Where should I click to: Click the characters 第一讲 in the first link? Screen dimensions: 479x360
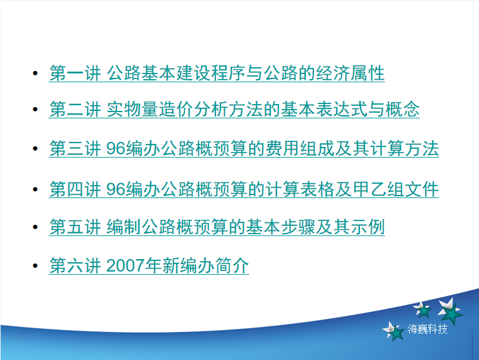pyautogui.click(x=75, y=73)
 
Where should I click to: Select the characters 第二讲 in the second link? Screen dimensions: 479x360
pyautogui.click(x=75, y=110)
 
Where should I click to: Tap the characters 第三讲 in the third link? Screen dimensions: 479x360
pyautogui.click(x=75, y=148)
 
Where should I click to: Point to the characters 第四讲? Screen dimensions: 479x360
pyautogui.click(x=75, y=189)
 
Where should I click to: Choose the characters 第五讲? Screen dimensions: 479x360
pyautogui.click(x=75, y=227)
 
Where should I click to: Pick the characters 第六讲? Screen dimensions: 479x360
pyautogui.click(x=75, y=265)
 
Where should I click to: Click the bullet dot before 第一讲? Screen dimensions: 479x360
pyautogui.click(x=35, y=73)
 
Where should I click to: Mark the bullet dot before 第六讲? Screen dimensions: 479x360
pyautogui.click(x=35, y=266)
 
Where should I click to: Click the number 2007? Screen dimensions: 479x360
pyautogui.click(x=126, y=265)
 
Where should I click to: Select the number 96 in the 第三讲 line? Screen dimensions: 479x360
pyautogui.click(x=116, y=148)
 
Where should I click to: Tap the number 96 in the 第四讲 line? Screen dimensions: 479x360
pyautogui.click(x=116, y=189)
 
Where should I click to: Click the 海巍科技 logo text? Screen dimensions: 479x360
pyautogui.click(x=427, y=329)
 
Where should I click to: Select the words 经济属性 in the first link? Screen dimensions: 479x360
pyautogui.click(x=350, y=73)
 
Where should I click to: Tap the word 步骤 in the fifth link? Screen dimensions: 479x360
pyautogui.click(x=298, y=227)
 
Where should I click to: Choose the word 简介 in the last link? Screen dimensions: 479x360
pyautogui.click(x=232, y=265)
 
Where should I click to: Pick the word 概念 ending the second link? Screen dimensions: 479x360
pyautogui.click(x=402, y=110)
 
